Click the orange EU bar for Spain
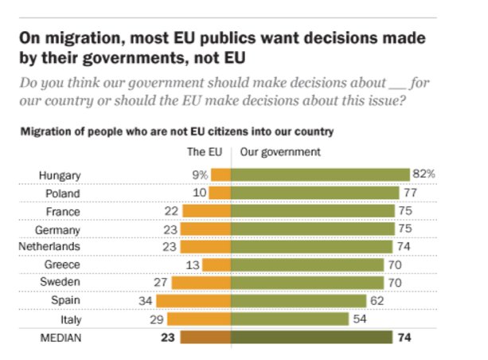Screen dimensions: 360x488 (193, 301)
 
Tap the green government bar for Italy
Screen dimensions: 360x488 (290, 319)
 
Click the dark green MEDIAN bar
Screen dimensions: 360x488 (311, 337)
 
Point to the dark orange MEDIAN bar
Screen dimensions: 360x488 (205, 337)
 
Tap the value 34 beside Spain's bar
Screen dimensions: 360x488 (145, 301)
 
